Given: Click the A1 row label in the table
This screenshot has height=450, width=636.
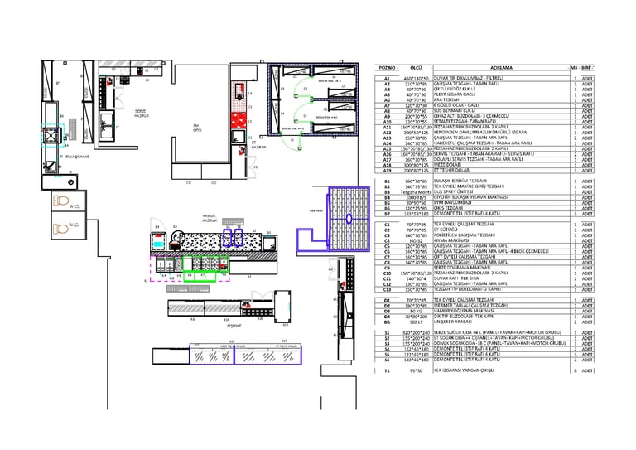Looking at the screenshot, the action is [x=387, y=79].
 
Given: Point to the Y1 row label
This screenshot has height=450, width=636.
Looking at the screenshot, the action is [x=387, y=370].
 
